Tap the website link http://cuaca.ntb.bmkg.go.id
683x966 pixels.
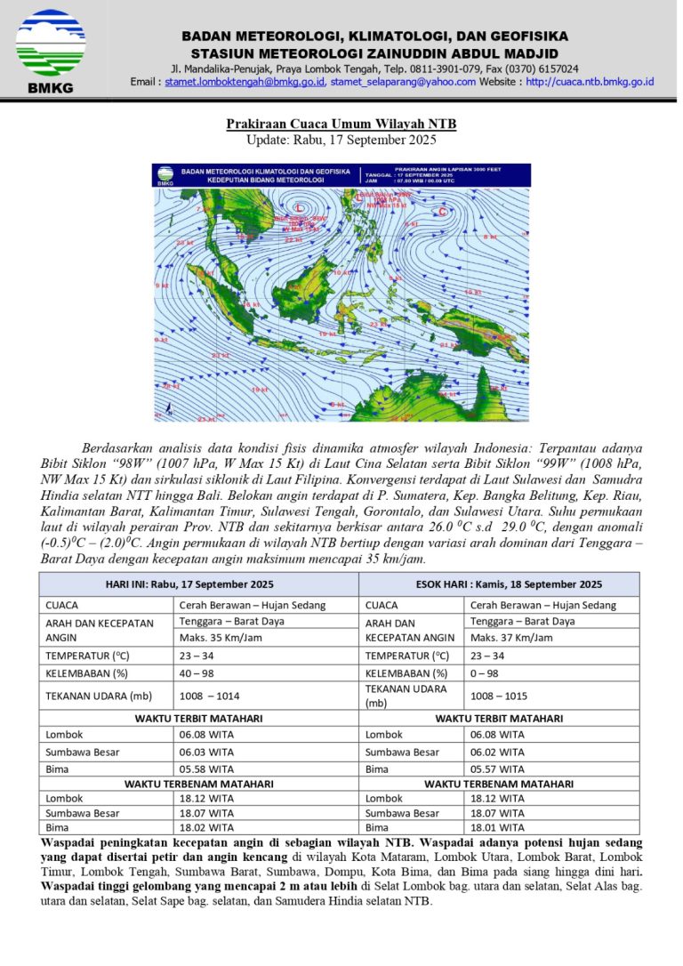590,82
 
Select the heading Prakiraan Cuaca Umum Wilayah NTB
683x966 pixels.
341,124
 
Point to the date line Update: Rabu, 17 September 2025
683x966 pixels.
341,140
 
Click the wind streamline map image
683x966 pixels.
341,292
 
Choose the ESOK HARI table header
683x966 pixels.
498,584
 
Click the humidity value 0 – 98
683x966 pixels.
489,672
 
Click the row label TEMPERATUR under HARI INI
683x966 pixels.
85,656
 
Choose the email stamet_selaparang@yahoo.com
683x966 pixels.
403,82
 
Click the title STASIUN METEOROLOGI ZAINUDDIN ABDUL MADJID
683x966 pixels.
374,52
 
